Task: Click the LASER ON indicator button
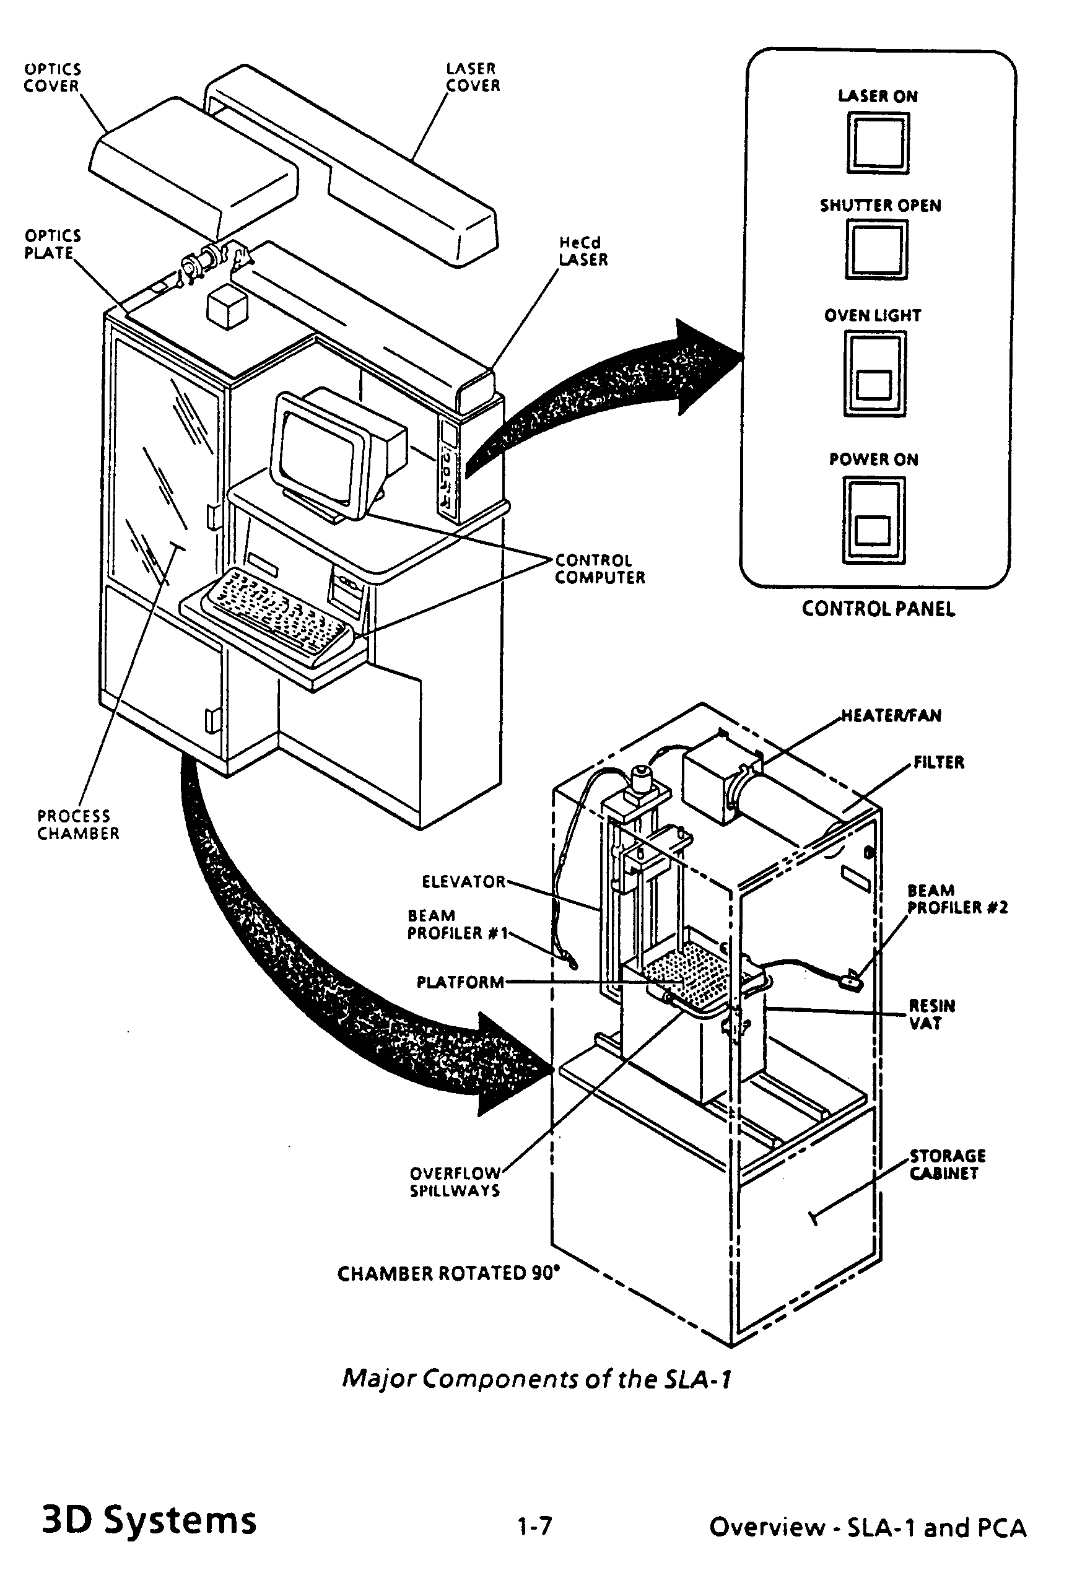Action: pos(878,142)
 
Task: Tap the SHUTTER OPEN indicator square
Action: pos(876,248)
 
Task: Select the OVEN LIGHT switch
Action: pos(875,373)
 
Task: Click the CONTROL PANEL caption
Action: pos(878,609)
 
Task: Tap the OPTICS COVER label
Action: pos(52,78)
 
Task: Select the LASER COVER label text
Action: pos(473,77)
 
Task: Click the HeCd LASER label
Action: pos(583,251)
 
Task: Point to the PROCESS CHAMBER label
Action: pos(78,825)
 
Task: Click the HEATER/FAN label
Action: pos(891,715)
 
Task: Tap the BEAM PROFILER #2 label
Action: pos(956,899)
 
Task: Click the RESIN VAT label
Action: pos(931,1014)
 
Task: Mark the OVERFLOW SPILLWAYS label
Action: pos(455,1182)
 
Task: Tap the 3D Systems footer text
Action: pos(149,1521)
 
